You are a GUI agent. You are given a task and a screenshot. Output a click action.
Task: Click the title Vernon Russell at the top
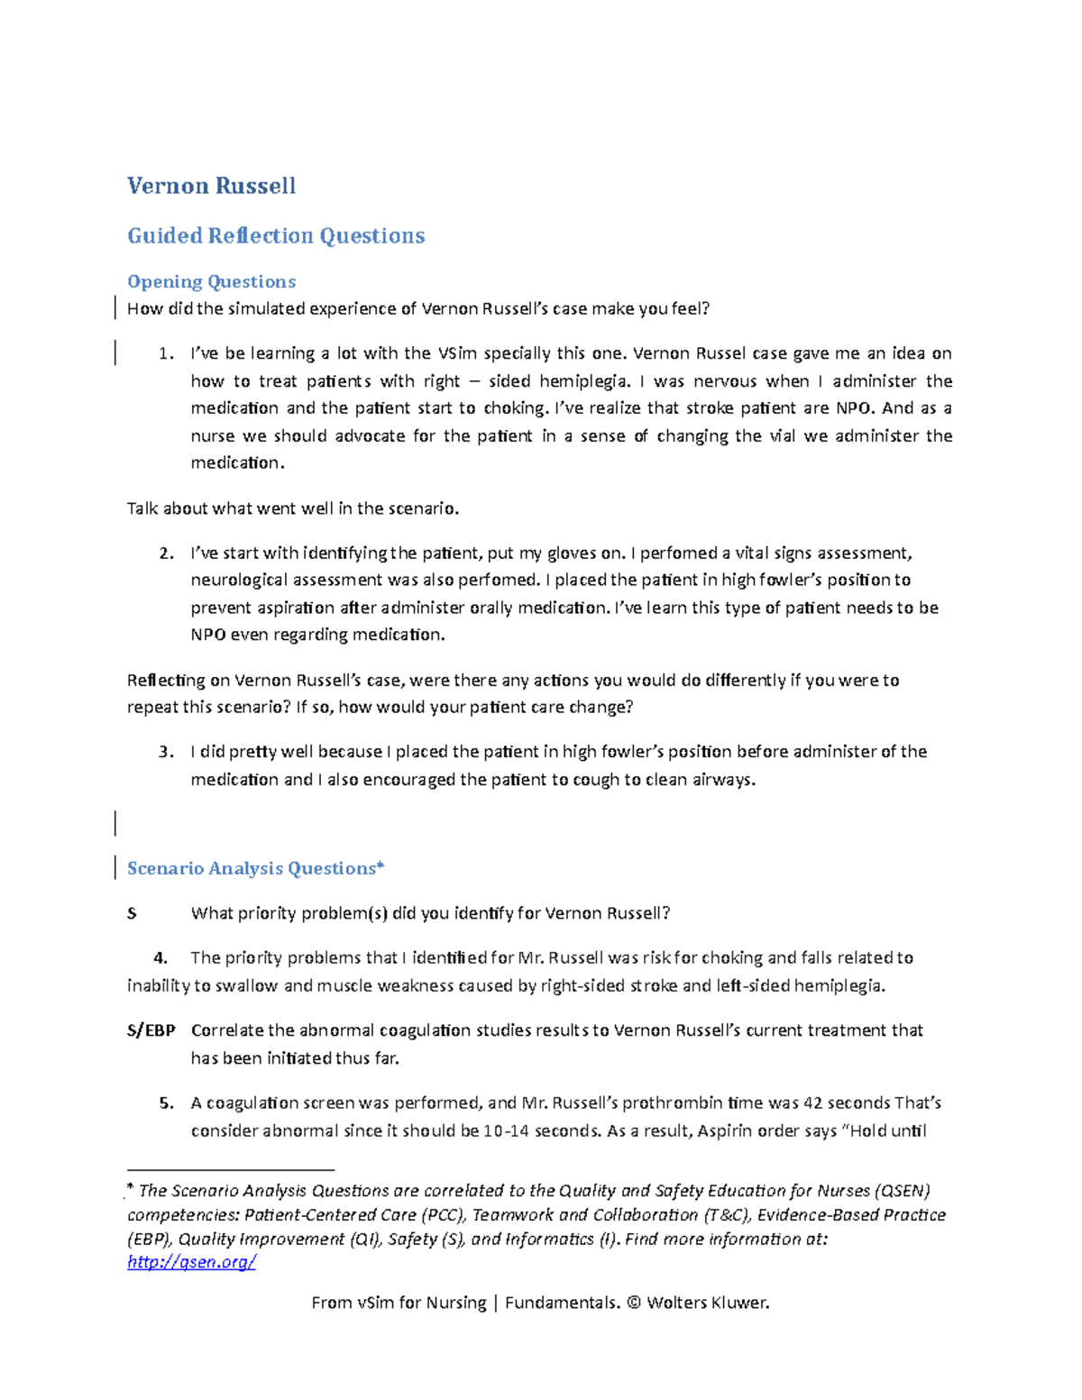coord(211,186)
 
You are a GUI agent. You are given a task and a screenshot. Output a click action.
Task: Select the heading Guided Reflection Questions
coord(276,236)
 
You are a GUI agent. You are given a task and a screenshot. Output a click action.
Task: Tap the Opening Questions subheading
coord(211,282)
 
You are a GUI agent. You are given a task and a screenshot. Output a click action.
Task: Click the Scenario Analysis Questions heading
coord(255,868)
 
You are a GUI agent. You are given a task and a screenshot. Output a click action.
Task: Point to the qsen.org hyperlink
coord(191,1262)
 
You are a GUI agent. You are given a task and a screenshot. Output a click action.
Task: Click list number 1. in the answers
coord(166,353)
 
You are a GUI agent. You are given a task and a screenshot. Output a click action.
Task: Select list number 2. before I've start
coord(166,554)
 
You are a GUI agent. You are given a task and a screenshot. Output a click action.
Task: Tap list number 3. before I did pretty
coord(166,752)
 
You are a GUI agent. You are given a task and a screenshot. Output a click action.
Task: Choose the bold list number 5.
coord(166,1103)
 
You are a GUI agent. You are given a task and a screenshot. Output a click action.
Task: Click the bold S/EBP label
coord(151,1030)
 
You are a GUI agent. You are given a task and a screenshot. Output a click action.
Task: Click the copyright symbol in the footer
coord(633,1303)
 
